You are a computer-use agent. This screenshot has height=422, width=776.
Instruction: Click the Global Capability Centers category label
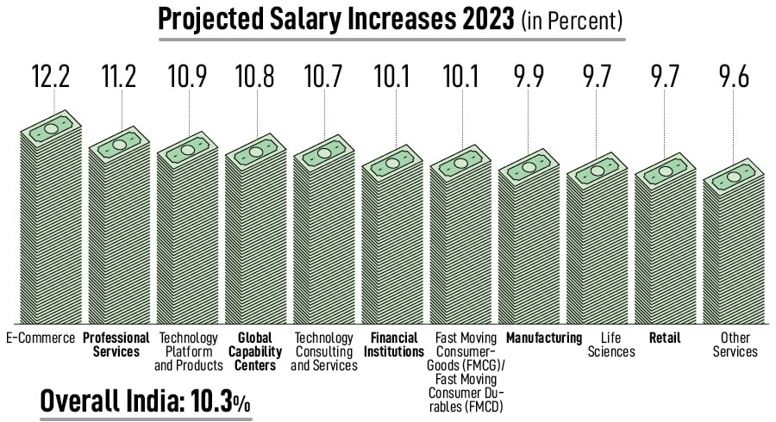[254, 351]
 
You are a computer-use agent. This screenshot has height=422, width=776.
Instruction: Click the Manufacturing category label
[544, 338]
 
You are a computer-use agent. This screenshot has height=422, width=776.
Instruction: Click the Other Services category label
[735, 344]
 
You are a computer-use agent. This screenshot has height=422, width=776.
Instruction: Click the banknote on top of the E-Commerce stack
[51, 127]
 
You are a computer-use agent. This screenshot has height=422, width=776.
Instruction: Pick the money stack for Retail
[665, 250]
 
